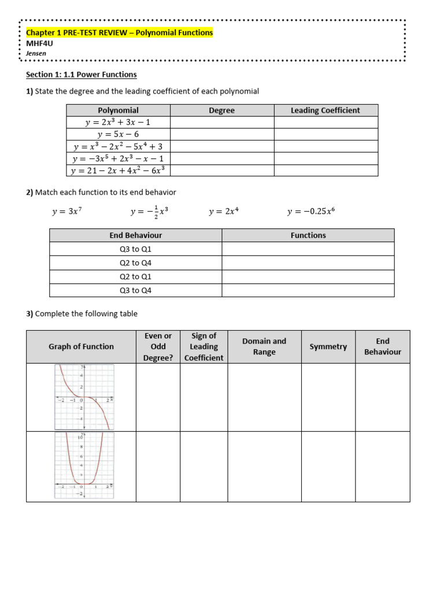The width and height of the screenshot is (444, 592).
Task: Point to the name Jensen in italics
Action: pyautogui.click(x=36, y=53)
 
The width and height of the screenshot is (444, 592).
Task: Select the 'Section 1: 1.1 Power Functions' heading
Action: pyautogui.click(x=82, y=75)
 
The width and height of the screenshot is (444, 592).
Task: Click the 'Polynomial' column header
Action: pyautogui.click(x=118, y=110)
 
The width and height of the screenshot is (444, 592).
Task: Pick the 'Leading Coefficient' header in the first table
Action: pyautogui.click(x=325, y=110)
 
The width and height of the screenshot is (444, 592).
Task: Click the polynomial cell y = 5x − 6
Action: pyautogui.click(x=118, y=134)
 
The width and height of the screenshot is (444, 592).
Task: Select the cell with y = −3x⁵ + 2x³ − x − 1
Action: pyautogui.click(x=118, y=158)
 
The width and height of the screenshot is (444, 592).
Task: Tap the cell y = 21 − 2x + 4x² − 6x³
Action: pyautogui.click(x=118, y=171)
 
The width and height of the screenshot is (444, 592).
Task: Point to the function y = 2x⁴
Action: pyautogui.click(x=223, y=212)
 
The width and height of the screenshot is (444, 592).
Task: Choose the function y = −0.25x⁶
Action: pyautogui.click(x=310, y=212)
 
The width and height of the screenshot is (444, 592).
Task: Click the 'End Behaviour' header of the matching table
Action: pyautogui.click(x=135, y=235)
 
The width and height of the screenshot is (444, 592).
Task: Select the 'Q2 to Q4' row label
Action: pyautogui.click(x=135, y=263)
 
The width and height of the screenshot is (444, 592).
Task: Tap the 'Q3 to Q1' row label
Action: pyautogui.click(x=135, y=249)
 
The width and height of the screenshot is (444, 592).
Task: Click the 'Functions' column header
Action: pyautogui.click(x=308, y=235)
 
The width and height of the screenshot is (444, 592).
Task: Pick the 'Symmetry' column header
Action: pyautogui.click(x=328, y=347)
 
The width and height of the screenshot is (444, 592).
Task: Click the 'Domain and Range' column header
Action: pyautogui.click(x=264, y=347)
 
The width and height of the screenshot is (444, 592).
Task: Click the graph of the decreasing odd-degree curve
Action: pyautogui.click(x=84, y=397)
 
